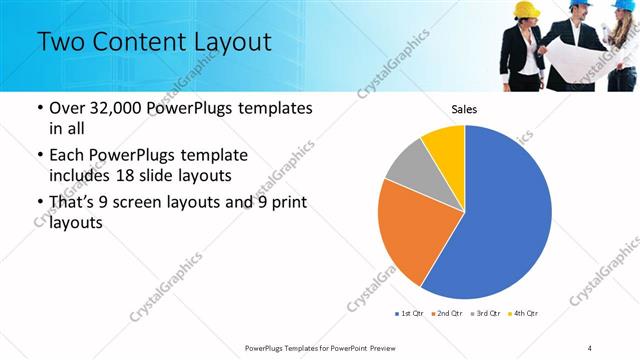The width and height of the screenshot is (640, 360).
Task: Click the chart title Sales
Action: pyautogui.click(x=464, y=109)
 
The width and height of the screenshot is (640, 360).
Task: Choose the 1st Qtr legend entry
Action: pyautogui.click(x=412, y=314)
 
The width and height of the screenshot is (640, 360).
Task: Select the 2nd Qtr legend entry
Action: pyautogui.click(x=447, y=314)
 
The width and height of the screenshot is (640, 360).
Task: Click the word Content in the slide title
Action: pyautogui.click(x=133, y=42)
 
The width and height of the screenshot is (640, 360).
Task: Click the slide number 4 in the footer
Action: pyautogui.click(x=591, y=347)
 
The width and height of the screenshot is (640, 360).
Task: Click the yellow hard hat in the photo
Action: pyautogui.click(x=526, y=9)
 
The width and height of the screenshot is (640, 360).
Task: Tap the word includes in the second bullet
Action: pyautogui.click(x=82, y=176)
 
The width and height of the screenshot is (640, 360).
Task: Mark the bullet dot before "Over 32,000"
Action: pyautogui.click(x=38, y=109)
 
